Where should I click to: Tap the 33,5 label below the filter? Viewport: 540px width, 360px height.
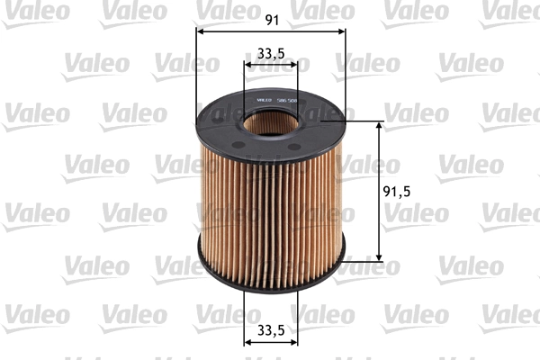coord(271,329)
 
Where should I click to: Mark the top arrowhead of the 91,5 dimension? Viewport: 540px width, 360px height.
coord(378,125)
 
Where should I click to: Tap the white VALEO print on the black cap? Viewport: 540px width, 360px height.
coord(265,99)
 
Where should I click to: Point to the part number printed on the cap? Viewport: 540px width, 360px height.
coord(288,99)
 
